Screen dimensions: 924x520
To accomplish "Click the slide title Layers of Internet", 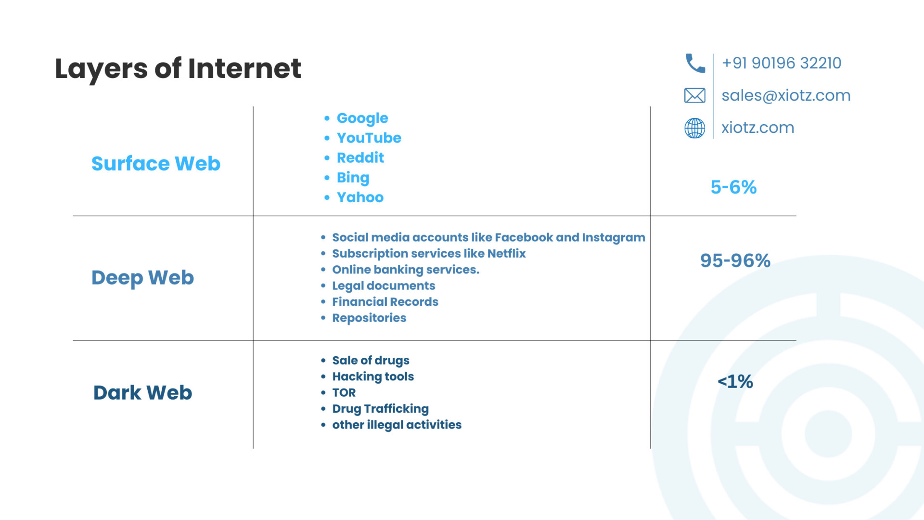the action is [178, 68].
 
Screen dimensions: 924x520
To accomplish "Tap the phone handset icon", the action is [695, 63].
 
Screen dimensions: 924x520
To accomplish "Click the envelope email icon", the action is [695, 95].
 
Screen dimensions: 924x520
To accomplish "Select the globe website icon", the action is [695, 128].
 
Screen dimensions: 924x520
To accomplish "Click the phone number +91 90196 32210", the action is [782, 63].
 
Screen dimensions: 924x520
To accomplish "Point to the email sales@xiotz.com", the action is [786, 95].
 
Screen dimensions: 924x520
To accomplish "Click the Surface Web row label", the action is [156, 164].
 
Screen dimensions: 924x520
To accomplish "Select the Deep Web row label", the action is [142, 278].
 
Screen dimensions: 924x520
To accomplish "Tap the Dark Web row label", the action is [142, 392].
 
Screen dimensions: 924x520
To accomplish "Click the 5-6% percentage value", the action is [733, 187].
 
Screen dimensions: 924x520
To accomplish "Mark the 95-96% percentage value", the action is [735, 260].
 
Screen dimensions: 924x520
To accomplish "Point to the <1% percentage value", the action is [735, 382].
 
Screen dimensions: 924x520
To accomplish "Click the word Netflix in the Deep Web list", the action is [506, 253].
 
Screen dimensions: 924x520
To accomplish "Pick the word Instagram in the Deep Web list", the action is [614, 238].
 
